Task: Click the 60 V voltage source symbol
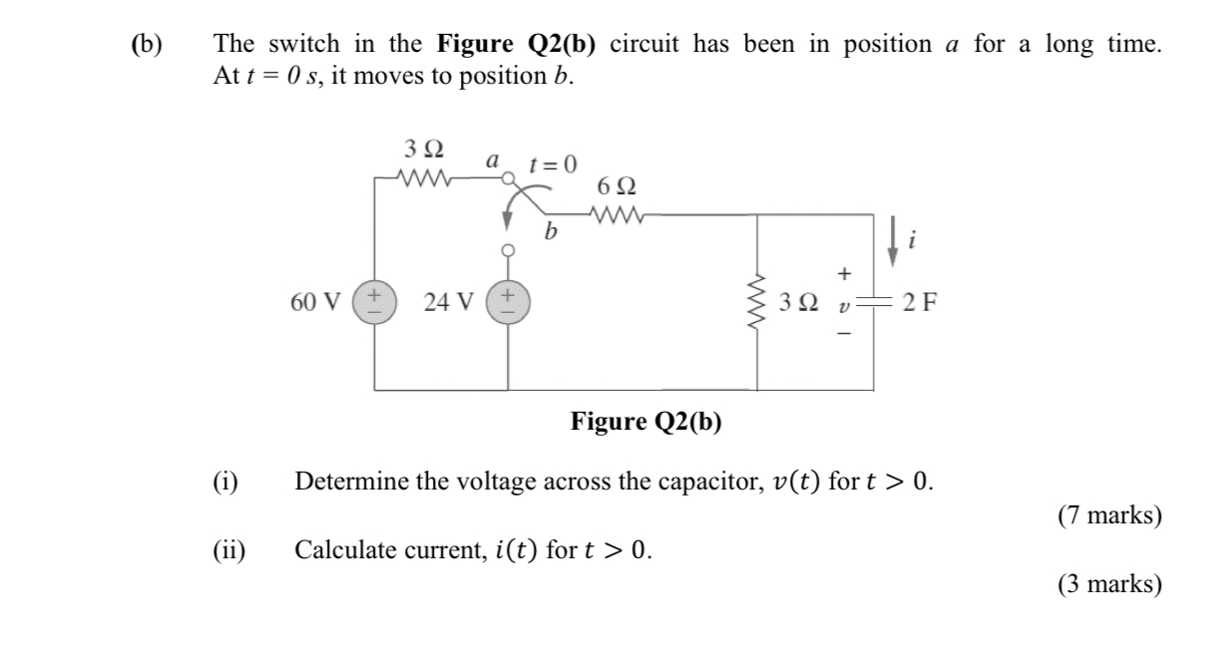[x=376, y=301]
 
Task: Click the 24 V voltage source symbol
[x=509, y=301]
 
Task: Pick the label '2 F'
[x=916, y=302]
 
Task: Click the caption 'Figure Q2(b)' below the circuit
[x=646, y=422]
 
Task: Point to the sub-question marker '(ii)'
[x=231, y=549]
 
